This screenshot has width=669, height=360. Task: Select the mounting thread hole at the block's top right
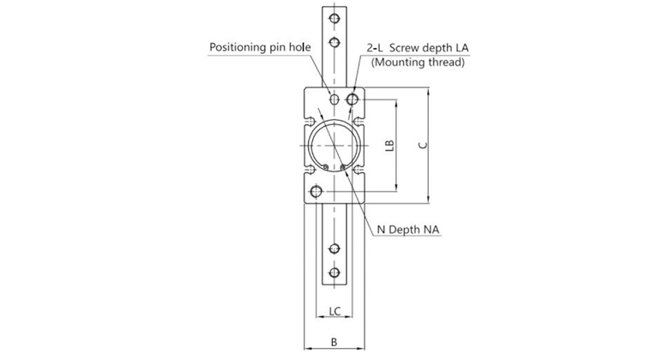353,100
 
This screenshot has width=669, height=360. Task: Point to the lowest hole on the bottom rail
334,274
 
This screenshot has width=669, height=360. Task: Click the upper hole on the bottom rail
334,249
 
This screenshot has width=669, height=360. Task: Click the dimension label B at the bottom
334,342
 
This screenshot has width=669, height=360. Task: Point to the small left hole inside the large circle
325,166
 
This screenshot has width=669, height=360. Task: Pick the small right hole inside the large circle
343,166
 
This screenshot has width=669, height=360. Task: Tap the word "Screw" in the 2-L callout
413,46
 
